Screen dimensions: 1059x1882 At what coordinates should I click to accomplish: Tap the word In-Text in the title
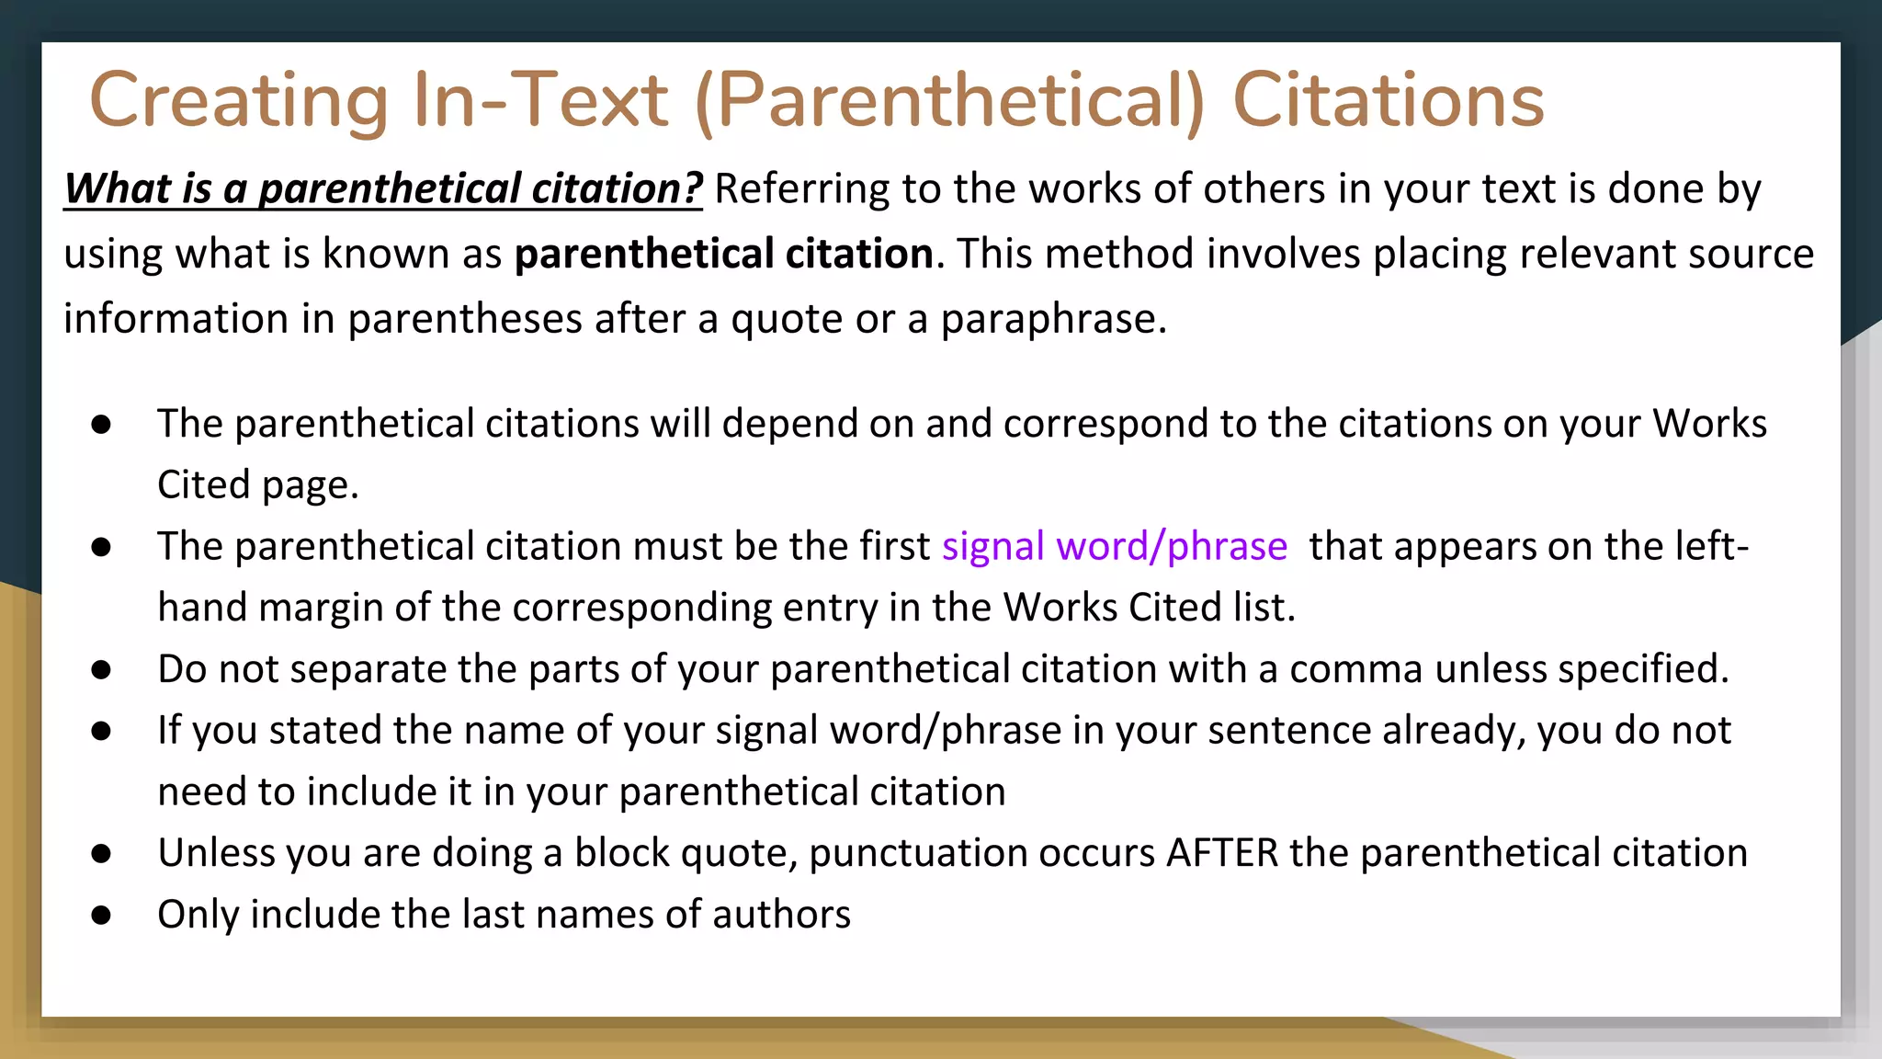coord(540,101)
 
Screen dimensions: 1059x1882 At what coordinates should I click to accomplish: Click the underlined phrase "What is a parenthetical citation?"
coord(383,188)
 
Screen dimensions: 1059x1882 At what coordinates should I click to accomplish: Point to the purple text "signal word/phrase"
coord(1114,546)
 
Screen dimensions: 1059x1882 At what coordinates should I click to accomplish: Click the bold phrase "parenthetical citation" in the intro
coord(724,254)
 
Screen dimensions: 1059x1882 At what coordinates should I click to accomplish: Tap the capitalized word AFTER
coord(1221,853)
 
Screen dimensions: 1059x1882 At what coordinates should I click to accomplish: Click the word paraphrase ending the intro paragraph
coord(1053,319)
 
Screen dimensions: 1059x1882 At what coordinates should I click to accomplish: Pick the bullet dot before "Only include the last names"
coord(101,916)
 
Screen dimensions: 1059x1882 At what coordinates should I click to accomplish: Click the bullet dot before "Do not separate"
coord(101,670)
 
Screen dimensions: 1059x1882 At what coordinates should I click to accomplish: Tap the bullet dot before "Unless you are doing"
coord(101,854)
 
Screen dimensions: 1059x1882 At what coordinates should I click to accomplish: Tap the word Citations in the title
coord(1388,101)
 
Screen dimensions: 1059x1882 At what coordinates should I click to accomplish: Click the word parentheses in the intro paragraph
coord(464,319)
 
